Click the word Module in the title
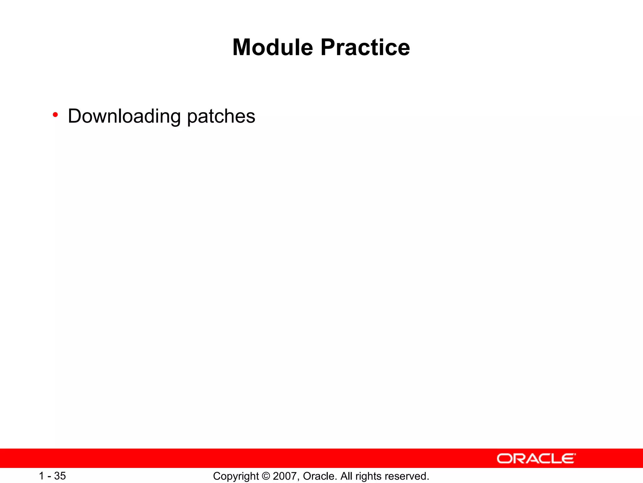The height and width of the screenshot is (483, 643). pyautogui.click(x=273, y=47)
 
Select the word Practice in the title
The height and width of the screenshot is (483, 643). pyautogui.click(x=365, y=47)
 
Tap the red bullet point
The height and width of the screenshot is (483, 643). pyautogui.click(x=55, y=115)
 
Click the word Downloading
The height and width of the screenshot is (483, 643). pyautogui.click(x=124, y=116)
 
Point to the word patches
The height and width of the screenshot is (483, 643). pyautogui.click(x=221, y=116)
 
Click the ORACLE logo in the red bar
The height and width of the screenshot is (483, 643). pyautogui.click(x=536, y=458)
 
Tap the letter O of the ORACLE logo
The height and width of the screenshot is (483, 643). pyautogui.click(x=504, y=458)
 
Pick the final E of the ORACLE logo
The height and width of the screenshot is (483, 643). pyautogui.click(x=568, y=458)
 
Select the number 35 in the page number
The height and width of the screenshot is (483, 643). pyautogui.click(x=60, y=476)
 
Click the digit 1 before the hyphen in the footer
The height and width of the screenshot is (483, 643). pyautogui.click(x=41, y=476)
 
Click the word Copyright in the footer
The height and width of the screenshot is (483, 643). pyautogui.click(x=236, y=476)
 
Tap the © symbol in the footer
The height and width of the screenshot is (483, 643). pyautogui.click(x=266, y=476)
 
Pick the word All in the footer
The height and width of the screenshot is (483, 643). pyautogui.click(x=346, y=476)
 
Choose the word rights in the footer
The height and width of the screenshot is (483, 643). pyautogui.click(x=368, y=476)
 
